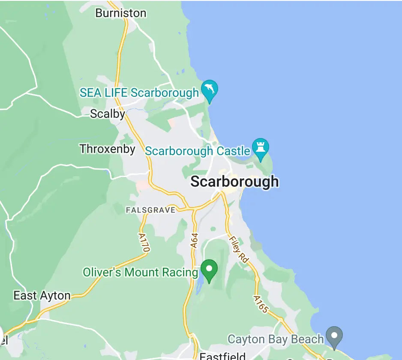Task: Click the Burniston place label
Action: (x=121, y=13)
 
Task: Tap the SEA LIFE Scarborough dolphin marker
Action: (x=210, y=90)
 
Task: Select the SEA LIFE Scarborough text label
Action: (x=139, y=93)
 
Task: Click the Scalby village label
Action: (x=107, y=114)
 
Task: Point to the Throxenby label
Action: (x=107, y=149)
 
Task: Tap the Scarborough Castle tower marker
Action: (x=260, y=147)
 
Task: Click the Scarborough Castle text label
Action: (x=198, y=151)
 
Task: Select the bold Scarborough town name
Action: (x=234, y=181)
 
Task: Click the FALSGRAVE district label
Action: (x=150, y=210)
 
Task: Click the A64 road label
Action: (x=194, y=240)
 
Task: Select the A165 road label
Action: (x=261, y=304)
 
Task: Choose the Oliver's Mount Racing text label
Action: (x=141, y=272)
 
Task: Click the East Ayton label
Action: (x=42, y=296)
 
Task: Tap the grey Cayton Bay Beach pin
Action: (x=334, y=336)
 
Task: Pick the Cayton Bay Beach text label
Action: (x=276, y=339)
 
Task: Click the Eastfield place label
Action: (x=222, y=356)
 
